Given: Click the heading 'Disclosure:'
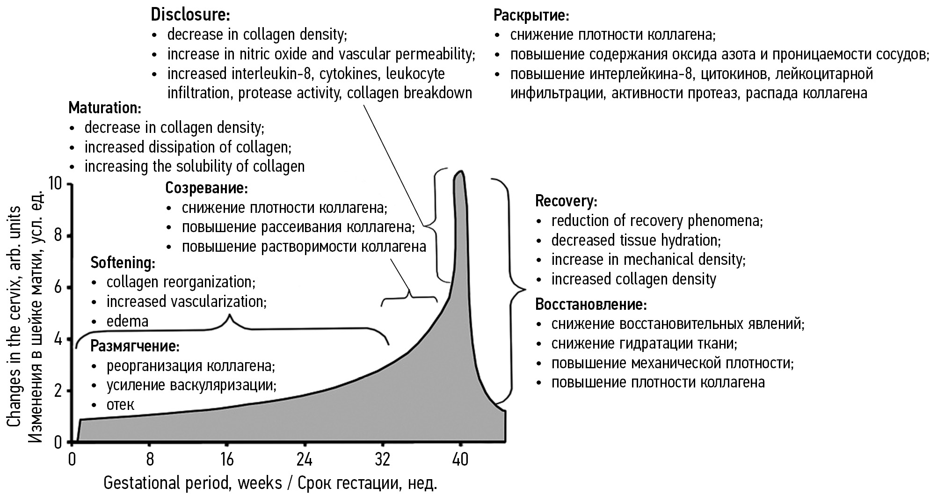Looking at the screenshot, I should tap(190, 15).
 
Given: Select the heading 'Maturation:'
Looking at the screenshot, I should tap(105, 108).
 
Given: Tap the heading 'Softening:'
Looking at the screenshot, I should tap(123, 263).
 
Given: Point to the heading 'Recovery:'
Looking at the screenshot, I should tap(566, 201).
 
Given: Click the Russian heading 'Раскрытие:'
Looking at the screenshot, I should tap(531, 15).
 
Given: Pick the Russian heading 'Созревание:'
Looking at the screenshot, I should tap(206, 188).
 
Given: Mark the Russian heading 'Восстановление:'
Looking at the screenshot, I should tap(591, 305).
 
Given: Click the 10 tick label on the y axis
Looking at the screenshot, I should tap(55, 184).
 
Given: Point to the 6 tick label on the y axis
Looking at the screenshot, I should tap(58, 287).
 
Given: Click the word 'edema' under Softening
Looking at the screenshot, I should tap(127, 321).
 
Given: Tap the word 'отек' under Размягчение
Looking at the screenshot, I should tap(120, 405).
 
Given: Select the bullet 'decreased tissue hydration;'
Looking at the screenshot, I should tap(636, 241).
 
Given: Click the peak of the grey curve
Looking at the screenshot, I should tap(461, 172).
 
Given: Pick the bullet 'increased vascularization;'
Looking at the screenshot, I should tap(186, 302).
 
